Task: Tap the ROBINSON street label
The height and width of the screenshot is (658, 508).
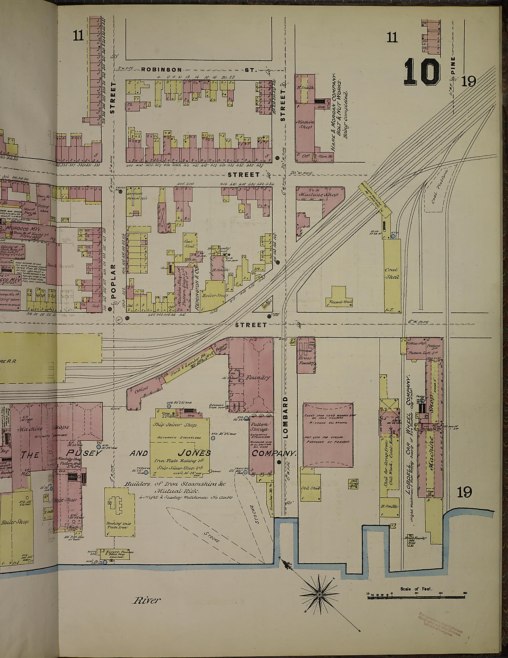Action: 162,70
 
